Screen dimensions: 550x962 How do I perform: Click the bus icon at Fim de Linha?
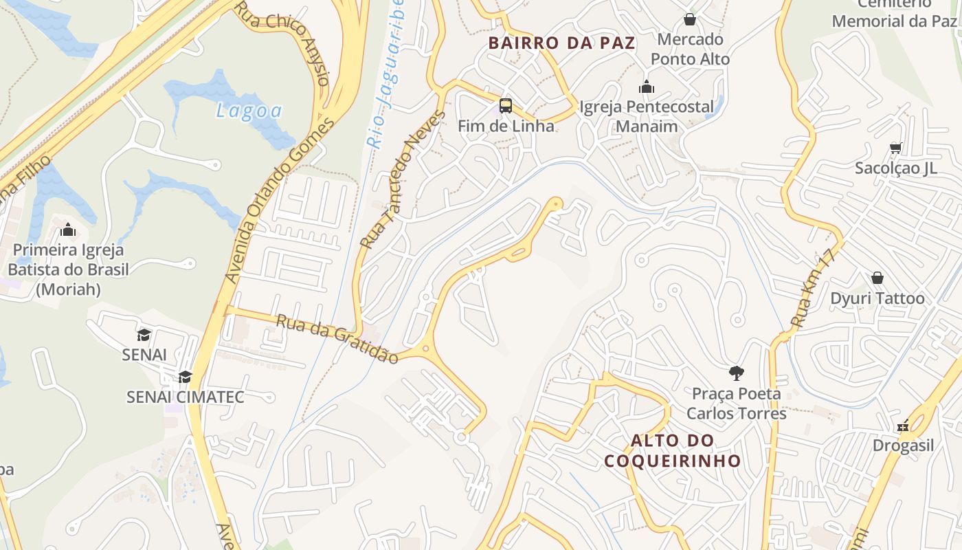coord(506,106)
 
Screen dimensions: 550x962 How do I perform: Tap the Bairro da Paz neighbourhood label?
coord(561,43)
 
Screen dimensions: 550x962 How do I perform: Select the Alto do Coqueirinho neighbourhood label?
coord(672,450)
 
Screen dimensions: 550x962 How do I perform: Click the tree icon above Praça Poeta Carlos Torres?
coord(737,373)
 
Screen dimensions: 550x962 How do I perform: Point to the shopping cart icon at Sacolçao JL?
coord(895,148)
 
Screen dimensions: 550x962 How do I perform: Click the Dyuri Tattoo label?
coord(877,298)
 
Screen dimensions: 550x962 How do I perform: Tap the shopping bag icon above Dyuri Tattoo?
coord(877,278)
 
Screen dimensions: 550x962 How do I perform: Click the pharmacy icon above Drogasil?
coord(903,426)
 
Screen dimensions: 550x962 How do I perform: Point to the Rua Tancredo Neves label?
coord(403,179)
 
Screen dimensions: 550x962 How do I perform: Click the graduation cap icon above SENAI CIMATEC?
coord(185,377)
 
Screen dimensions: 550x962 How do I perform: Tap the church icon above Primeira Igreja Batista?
coord(68,230)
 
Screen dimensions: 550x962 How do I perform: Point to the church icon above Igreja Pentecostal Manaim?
coord(647,87)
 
